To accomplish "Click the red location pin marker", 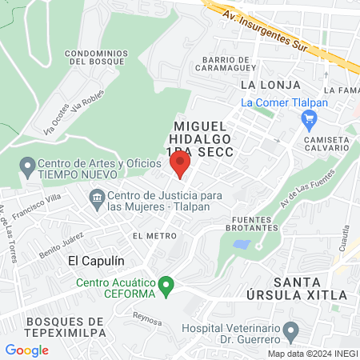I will pyautogui.click(x=180, y=165).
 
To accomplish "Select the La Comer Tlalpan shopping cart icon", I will pyautogui.click(x=309, y=119).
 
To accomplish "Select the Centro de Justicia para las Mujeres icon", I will pyautogui.click(x=97, y=197).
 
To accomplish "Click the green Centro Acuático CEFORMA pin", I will pyautogui.click(x=166, y=285).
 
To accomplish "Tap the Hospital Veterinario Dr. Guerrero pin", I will pyautogui.click(x=290, y=329).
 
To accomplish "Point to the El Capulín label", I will pyautogui.click(x=96, y=261).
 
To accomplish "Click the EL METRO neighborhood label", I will pyautogui.click(x=154, y=235).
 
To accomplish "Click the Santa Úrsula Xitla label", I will pyautogui.click(x=310, y=288).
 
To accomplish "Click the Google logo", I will pyautogui.click(x=26, y=350).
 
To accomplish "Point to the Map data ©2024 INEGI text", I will pyautogui.click(x=312, y=354).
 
